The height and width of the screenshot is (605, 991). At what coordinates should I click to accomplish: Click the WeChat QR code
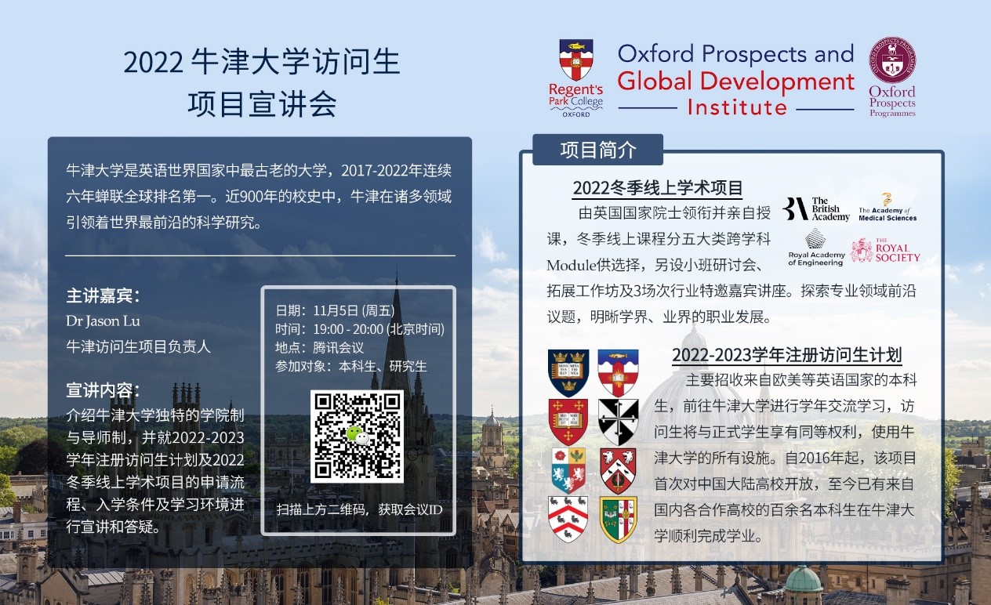pyautogui.click(x=357, y=436)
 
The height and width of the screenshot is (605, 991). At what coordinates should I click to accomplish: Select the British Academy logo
pyautogui.click(x=816, y=208)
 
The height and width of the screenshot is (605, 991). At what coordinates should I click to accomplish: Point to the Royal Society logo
pyautogui.click(x=885, y=250)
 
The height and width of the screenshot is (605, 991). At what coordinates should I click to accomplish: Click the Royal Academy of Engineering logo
pyautogui.click(x=816, y=248)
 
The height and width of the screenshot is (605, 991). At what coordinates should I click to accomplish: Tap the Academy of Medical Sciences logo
pyautogui.click(x=888, y=207)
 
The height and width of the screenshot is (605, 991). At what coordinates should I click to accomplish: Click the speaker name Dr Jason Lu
pyautogui.click(x=103, y=321)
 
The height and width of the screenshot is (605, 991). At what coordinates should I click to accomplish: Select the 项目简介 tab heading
pyautogui.click(x=598, y=150)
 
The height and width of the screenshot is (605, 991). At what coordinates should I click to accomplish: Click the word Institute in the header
pyautogui.click(x=737, y=107)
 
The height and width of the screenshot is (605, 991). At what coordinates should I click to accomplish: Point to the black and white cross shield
pyautogui.click(x=619, y=422)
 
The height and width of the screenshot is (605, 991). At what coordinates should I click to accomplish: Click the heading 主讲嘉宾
pyautogui.click(x=103, y=296)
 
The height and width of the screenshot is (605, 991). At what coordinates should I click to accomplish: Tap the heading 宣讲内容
pyautogui.click(x=103, y=390)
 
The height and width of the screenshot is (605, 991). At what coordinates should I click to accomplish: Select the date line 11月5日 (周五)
pyautogui.click(x=354, y=310)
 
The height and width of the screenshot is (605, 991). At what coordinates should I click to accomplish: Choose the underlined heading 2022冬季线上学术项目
pyautogui.click(x=658, y=188)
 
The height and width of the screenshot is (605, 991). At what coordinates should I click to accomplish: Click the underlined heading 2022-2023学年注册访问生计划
pyautogui.click(x=787, y=355)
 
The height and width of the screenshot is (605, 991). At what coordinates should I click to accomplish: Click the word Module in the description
pyautogui.click(x=572, y=266)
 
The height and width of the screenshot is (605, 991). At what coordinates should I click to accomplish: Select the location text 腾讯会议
pyautogui.click(x=339, y=348)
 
